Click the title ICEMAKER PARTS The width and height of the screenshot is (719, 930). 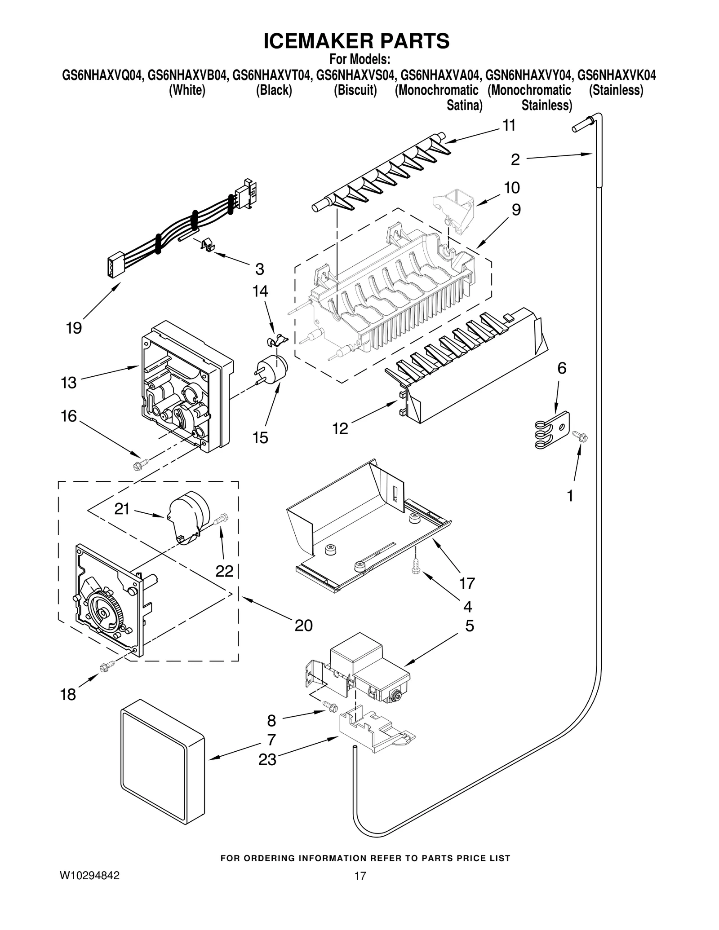click(x=356, y=41)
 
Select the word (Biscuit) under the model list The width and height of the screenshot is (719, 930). click(x=355, y=90)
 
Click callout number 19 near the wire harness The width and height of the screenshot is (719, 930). click(x=74, y=328)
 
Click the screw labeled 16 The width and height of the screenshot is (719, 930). click(x=141, y=464)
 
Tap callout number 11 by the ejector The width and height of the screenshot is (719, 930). click(x=509, y=126)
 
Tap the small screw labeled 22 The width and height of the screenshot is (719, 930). click(x=222, y=520)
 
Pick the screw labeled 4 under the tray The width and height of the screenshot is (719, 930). click(x=415, y=567)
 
